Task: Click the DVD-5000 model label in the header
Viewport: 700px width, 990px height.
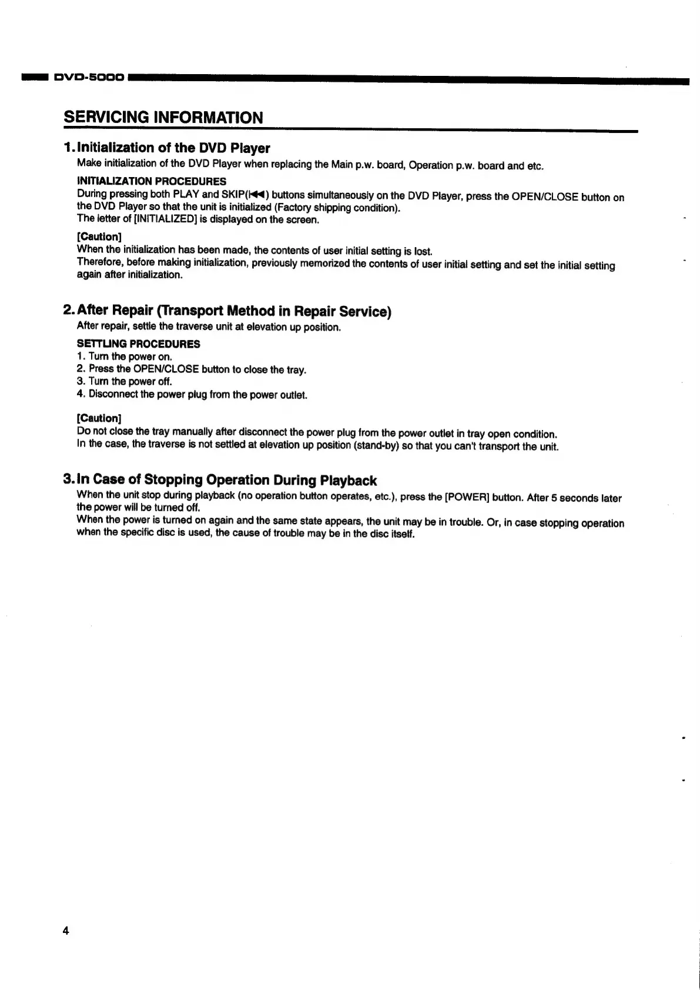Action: (x=89, y=77)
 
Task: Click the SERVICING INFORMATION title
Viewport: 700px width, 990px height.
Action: (x=163, y=117)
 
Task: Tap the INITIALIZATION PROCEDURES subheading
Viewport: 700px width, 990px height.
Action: (x=151, y=181)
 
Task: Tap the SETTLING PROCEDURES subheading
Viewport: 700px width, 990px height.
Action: (x=138, y=344)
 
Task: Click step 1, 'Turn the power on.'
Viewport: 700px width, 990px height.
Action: (x=124, y=356)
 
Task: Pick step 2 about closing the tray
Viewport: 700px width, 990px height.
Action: (x=192, y=369)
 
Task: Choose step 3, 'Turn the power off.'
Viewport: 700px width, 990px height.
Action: (x=124, y=382)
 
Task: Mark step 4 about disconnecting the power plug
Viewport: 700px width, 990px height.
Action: (x=192, y=395)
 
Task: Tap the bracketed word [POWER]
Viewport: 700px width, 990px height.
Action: (x=467, y=497)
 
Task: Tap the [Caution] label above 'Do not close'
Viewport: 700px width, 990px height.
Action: (x=99, y=418)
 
